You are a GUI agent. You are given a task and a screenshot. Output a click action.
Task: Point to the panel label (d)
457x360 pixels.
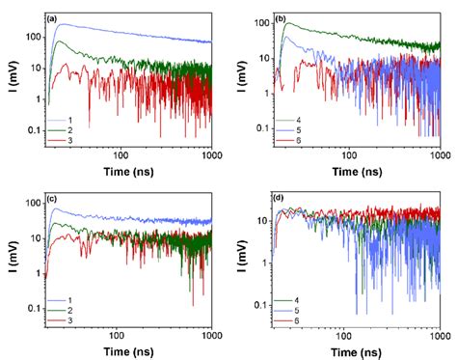279,200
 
